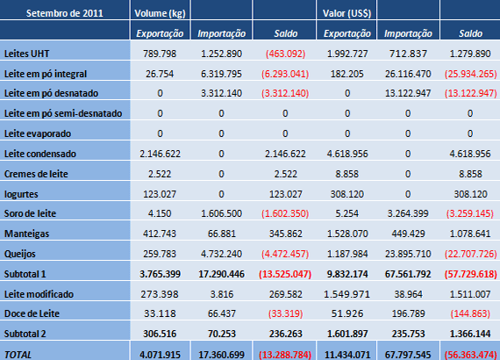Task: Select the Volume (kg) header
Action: (x=161, y=13)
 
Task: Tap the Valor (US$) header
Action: (x=346, y=13)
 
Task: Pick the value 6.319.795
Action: (x=222, y=74)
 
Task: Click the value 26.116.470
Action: (x=408, y=74)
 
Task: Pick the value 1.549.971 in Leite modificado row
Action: (x=346, y=293)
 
